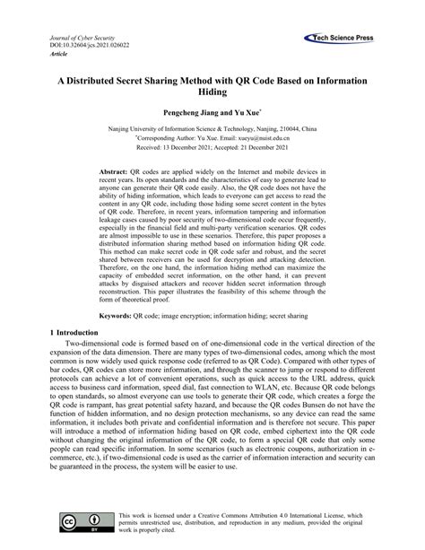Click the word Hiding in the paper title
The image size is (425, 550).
pyautogui.click(x=212, y=92)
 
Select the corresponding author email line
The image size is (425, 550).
pyautogui.click(x=212, y=139)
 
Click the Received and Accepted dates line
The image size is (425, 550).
pyautogui.click(x=212, y=149)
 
